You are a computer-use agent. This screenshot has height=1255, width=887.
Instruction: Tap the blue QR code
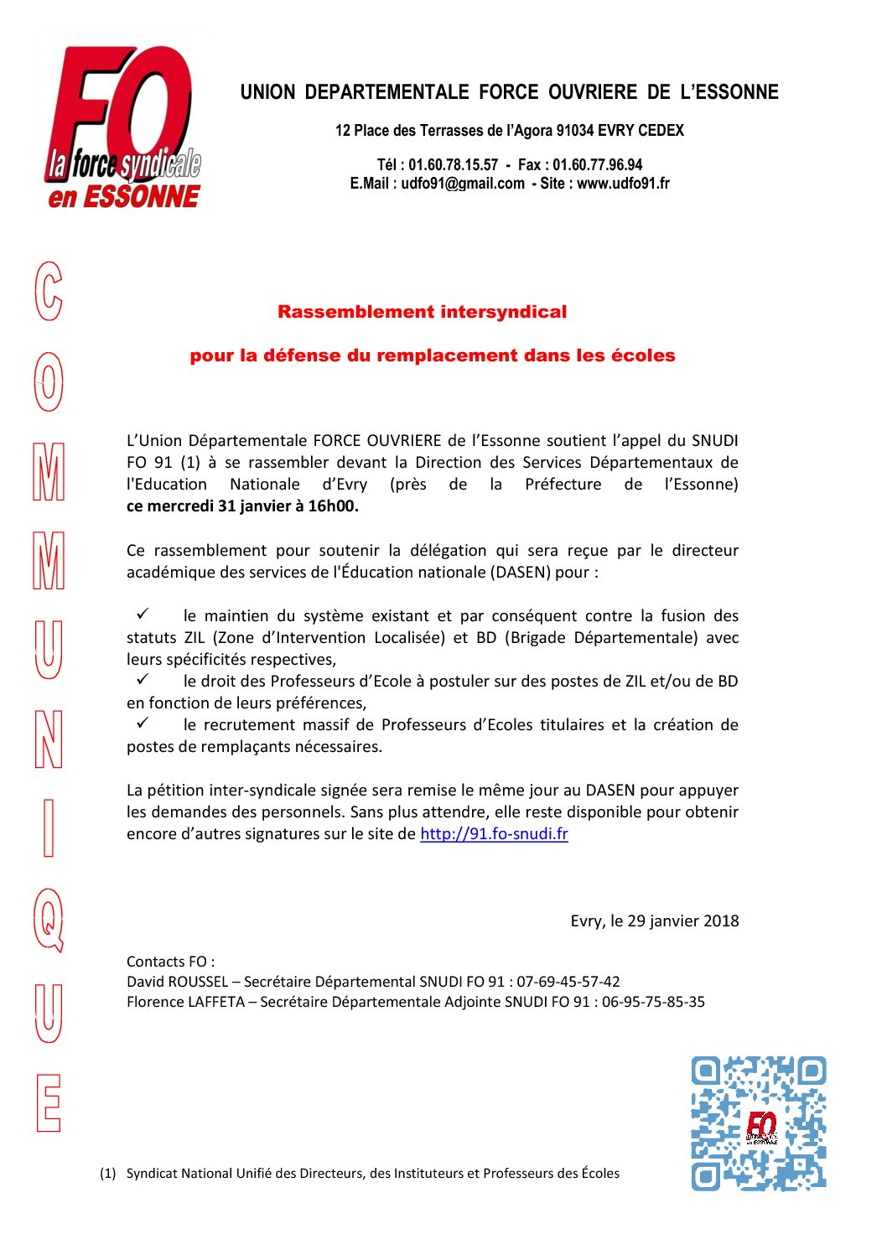click(759, 1123)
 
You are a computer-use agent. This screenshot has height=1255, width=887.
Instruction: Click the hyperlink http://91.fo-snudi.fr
click(494, 834)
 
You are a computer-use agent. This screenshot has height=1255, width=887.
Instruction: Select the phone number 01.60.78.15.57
click(453, 165)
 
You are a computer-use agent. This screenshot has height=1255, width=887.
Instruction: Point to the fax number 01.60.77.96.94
click(597, 165)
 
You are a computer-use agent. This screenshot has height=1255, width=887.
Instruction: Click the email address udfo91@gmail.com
click(462, 184)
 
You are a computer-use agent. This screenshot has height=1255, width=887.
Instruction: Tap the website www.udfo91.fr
click(623, 184)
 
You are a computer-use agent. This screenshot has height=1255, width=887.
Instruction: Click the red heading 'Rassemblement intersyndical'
click(422, 312)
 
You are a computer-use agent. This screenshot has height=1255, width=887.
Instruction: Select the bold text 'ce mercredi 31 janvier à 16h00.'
click(242, 506)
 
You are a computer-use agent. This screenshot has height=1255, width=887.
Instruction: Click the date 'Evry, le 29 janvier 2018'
click(655, 921)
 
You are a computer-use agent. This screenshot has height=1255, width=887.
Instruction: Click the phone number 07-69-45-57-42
click(568, 982)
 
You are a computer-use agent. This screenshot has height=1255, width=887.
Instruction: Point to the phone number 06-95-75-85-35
click(653, 1002)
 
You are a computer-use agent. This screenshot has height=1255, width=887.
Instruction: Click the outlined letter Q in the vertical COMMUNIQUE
click(49, 920)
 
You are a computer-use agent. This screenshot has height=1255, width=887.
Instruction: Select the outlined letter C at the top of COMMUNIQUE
click(49, 291)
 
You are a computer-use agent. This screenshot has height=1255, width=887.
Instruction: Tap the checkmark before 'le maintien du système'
click(143, 615)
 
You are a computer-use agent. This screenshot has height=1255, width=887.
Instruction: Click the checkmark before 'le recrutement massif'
click(143, 723)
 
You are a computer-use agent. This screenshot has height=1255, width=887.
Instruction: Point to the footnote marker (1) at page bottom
click(107, 1174)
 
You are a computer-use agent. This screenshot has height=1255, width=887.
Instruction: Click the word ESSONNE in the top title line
click(737, 92)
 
